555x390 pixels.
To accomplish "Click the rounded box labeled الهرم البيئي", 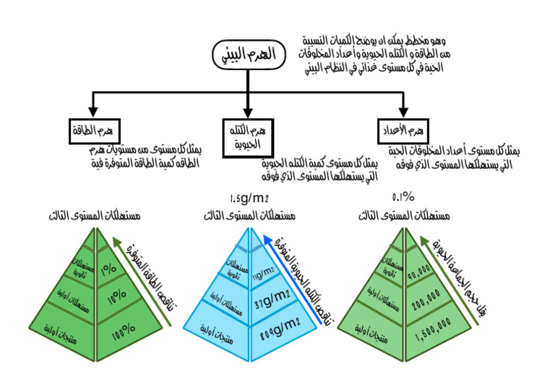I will [x=247, y=56].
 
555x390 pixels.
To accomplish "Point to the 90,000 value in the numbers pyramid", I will [x=422, y=275].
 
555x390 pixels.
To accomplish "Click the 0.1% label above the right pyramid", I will [x=403, y=196].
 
